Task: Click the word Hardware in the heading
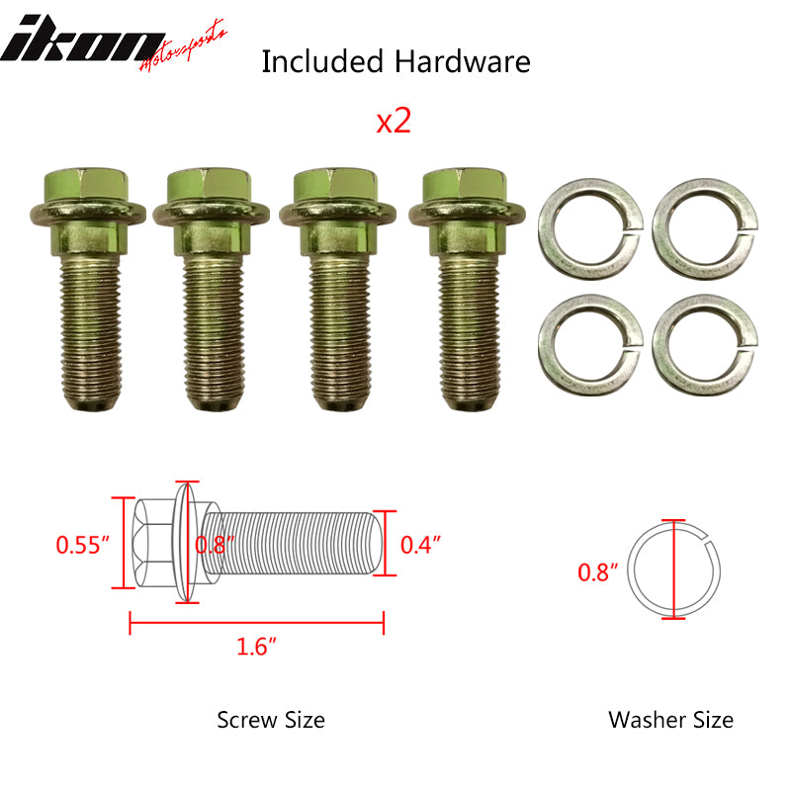[463, 61]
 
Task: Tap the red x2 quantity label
[393, 121]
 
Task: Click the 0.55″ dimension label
[81, 545]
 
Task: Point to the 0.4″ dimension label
[420, 543]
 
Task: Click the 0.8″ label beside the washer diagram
[598, 571]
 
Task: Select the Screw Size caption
[270, 719]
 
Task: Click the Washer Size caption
[670, 719]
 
